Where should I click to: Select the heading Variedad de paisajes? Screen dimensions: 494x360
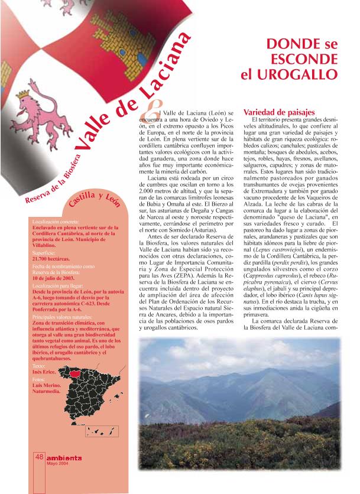pos(273,112)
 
